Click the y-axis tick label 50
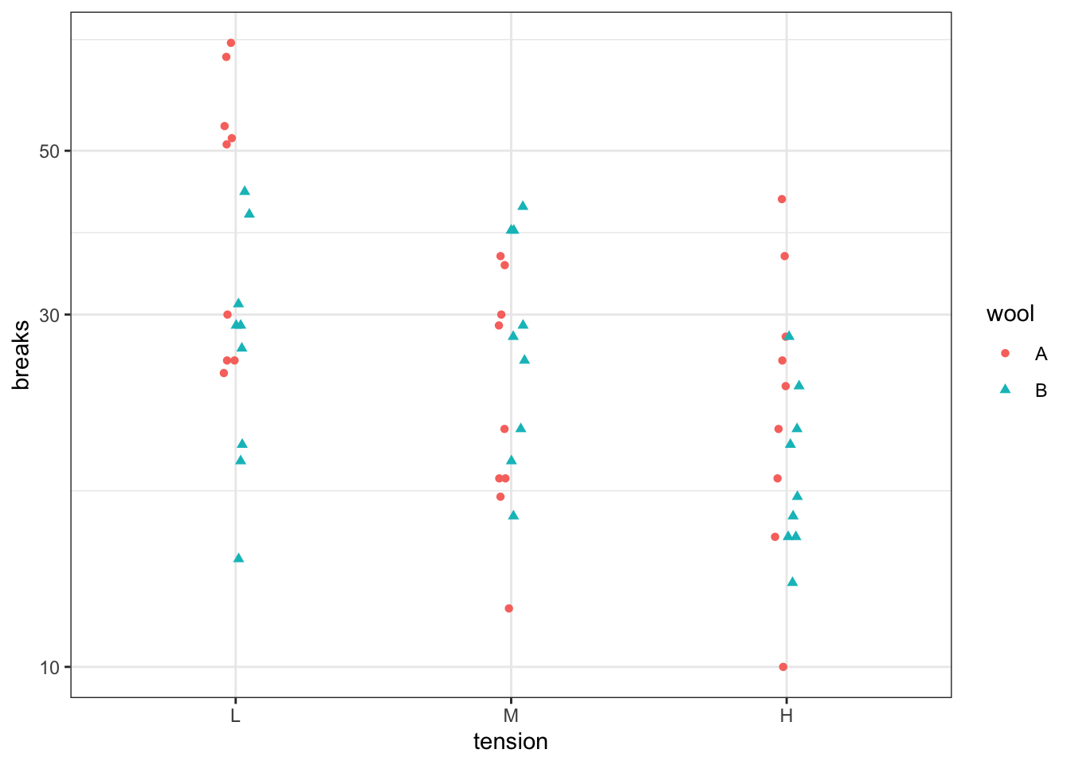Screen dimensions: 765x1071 click(x=49, y=151)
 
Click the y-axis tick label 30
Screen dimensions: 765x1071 click(x=49, y=315)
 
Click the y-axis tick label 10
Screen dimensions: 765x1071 click(x=49, y=668)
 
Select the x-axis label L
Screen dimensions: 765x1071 click(x=235, y=716)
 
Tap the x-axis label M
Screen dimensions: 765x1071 click(x=511, y=716)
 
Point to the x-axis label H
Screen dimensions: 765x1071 click(x=787, y=716)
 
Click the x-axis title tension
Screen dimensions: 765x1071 click(x=511, y=742)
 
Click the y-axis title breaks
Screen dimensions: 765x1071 click(x=22, y=355)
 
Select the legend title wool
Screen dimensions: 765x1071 click(x=1010, y=314)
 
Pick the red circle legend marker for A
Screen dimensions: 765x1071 click(x=1005, y=354)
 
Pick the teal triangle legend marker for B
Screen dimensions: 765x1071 click(x=1005, y=390)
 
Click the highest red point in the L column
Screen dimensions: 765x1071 click(x=231, y=43)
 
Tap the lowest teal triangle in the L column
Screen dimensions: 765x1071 click(x=238, y=558)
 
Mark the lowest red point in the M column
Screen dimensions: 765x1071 click(x=509, y=609)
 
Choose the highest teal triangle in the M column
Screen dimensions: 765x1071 click(x=523, y=206)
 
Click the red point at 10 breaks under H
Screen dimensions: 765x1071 click(x=783, y=667)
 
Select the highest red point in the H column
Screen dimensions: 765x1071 click(x=782, y=199)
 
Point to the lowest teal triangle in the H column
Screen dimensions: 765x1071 click(x=792, y=582)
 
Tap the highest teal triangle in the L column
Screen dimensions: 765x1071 click(x=245, y=190)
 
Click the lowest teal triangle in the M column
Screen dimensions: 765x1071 click(x=513, y=515)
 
